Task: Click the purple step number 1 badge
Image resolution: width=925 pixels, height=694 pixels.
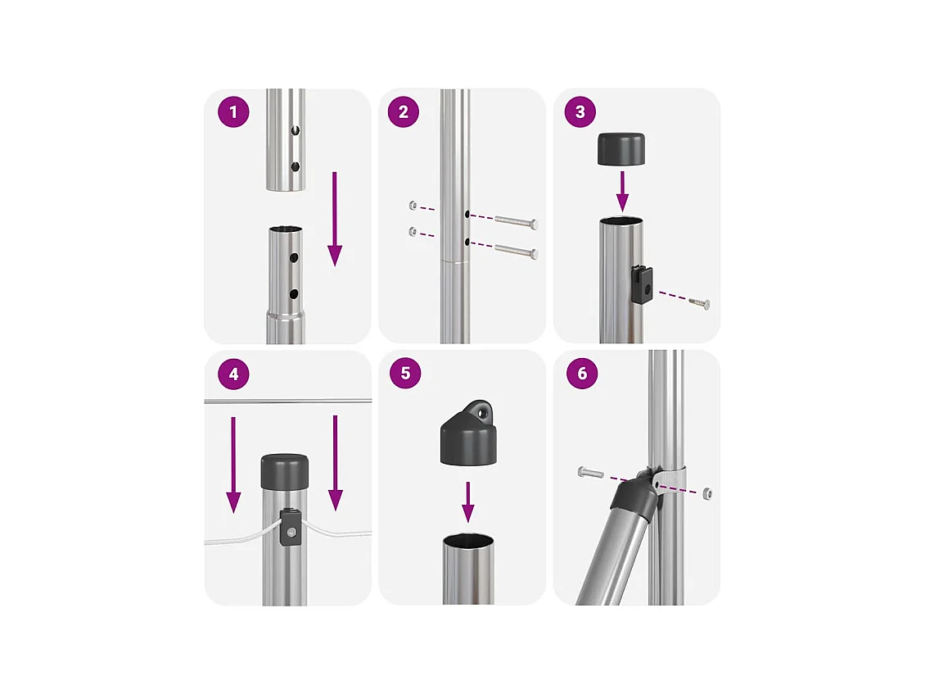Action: point(233,111)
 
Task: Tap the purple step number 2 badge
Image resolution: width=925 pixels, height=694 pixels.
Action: point(404,111)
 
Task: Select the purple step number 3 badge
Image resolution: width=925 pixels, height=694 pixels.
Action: point(580,111)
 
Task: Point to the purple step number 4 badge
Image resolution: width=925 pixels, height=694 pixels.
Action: point(233,374)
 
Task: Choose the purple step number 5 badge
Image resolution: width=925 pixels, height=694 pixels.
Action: point(406,374)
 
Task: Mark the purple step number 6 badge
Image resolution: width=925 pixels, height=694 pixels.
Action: point(582,374)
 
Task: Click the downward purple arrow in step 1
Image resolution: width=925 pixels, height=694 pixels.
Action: point(335,219)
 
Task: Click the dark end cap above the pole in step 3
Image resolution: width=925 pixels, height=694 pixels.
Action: point(621,149)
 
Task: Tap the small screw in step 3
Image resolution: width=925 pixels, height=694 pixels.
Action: point(699,303)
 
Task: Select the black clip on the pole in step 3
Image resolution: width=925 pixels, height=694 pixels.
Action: point(641,284)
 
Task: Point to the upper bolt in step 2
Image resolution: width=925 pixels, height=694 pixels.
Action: point(517,221)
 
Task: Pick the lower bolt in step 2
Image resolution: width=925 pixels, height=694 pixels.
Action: point(517,251)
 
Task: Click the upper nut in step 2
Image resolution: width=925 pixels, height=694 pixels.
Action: point(413,206)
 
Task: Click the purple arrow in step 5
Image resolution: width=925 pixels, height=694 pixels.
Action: point(467,502)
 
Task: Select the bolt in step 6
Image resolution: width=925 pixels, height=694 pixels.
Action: point(590,472)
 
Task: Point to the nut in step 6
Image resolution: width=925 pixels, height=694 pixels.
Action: point(707,492)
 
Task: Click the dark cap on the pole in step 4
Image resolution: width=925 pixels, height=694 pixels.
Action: point(285,471)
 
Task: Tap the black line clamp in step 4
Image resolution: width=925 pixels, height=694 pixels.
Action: point(291,528)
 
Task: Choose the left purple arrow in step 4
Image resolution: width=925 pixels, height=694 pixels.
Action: point(233,465)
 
